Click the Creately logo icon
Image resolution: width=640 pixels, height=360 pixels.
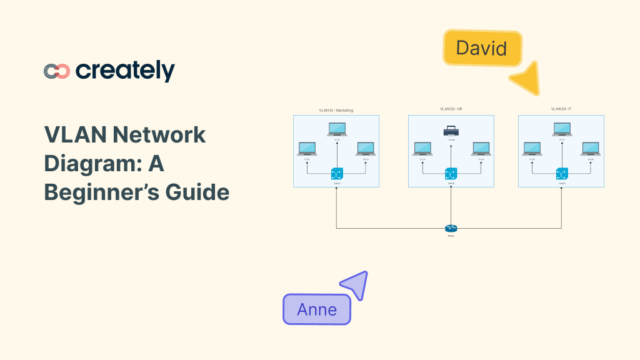[x=57, y=71]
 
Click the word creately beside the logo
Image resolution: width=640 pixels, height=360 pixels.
[x=125, y=71]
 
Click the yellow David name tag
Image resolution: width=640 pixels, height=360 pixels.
[x=482, y=48]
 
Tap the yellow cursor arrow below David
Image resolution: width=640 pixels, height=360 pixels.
[x=527, y=79]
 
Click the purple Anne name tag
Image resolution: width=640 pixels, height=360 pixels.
[x=317, y=309]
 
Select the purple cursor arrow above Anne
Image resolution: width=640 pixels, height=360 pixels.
[x=355, y=285]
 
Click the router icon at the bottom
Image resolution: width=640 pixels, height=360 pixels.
[x=451, y=229]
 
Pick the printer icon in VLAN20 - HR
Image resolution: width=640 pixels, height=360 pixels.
[x=451, y=131]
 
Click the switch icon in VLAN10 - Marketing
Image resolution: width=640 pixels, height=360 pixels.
[x=337, y=174]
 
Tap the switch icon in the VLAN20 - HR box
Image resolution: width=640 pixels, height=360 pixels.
[x=451, y=174]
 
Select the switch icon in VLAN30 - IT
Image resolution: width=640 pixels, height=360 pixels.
[x=561, y=174]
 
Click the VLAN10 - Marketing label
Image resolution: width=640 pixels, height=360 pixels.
[x=336, y=110]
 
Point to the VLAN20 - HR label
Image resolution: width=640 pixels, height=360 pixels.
[x=451, y=109]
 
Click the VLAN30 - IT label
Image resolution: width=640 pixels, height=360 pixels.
[x=561, y=109]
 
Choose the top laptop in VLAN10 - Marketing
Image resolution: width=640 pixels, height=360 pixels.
[x=337, y=129]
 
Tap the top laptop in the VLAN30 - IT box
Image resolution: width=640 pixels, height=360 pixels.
[x=561, y=129]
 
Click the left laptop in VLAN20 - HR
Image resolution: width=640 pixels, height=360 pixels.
[x=422, y=149]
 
